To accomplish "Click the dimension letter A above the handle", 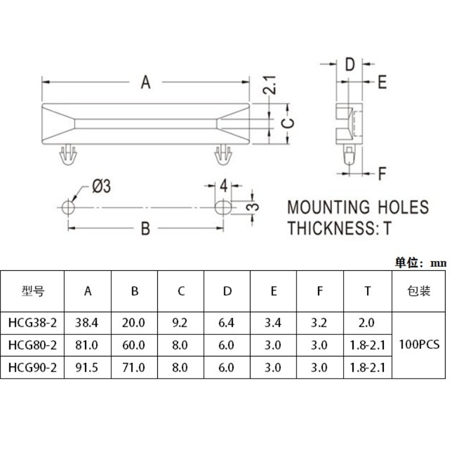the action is tap(145, 82).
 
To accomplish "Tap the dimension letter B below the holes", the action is tap(145, 228).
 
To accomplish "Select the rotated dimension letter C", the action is tap(288, 123).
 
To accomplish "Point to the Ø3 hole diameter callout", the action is tap(101, 186).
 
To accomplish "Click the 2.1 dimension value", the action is tap(270, 85).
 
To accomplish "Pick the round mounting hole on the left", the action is tap(68, 207).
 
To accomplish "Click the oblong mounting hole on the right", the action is tap(223, 207).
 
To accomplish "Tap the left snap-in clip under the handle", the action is tap(68, 154).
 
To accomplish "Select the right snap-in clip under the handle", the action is tap(223, 154).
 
